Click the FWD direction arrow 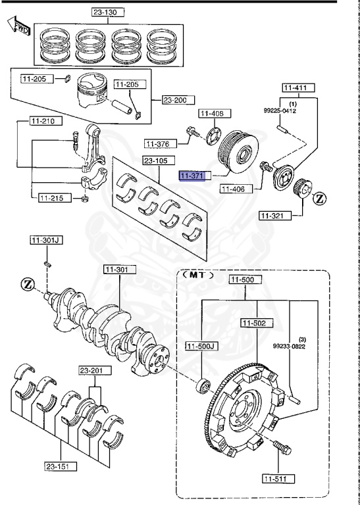[x=19, y=26]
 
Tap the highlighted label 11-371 [x=192, y=176]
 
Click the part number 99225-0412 [x=280, y=110]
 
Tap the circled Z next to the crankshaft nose [x=28, y=284]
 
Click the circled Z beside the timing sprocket [x=319, y=199]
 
